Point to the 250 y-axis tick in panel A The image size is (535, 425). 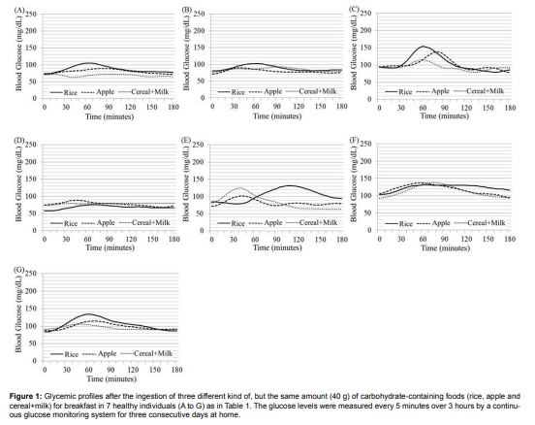(x=35, y=16)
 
